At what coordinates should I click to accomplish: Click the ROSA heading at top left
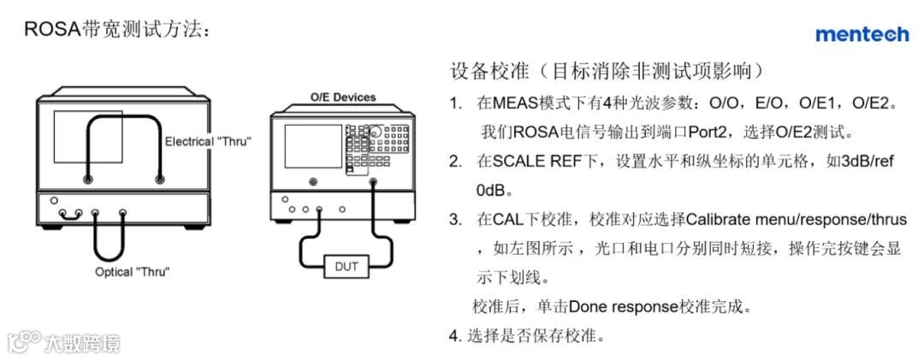pyautogui.click(x=116, y=31)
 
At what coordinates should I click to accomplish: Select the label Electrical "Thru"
pyautogui.click(x=208, y=141)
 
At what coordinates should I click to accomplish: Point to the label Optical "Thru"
pyautogui.click(x=133, y=272)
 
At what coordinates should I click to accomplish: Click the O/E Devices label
pyautogui.click(x=342, y=97)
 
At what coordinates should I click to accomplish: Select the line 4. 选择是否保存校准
pyautogui.click(x=527, y=335)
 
